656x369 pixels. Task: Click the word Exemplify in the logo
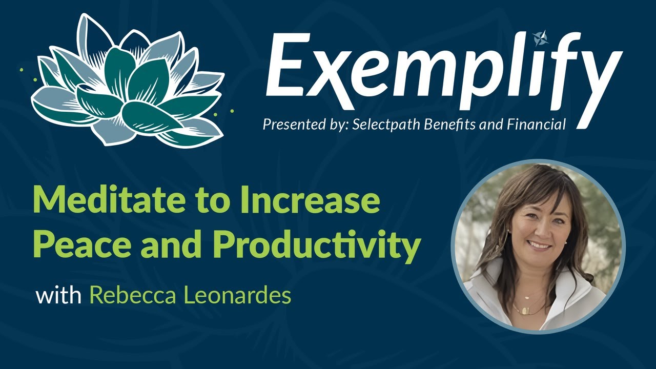[441, 69]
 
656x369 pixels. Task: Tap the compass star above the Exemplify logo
[540, 37]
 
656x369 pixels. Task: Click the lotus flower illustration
[128, 82]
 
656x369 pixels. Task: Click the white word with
[58, 296]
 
